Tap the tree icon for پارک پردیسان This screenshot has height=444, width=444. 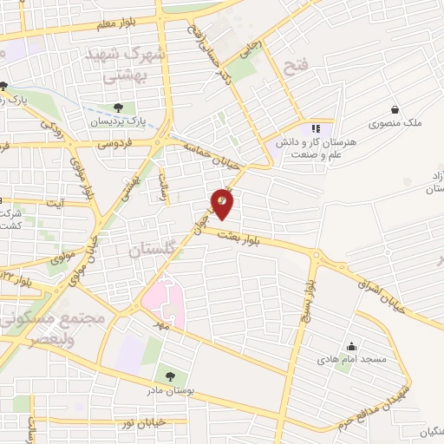(x=118, y=108)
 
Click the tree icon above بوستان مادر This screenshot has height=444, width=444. (x=170, y=375)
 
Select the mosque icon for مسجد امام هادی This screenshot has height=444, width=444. (x=351, y=346)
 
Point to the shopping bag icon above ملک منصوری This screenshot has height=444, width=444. (x=395, y=110)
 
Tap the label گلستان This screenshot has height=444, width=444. (x=153, y=251)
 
